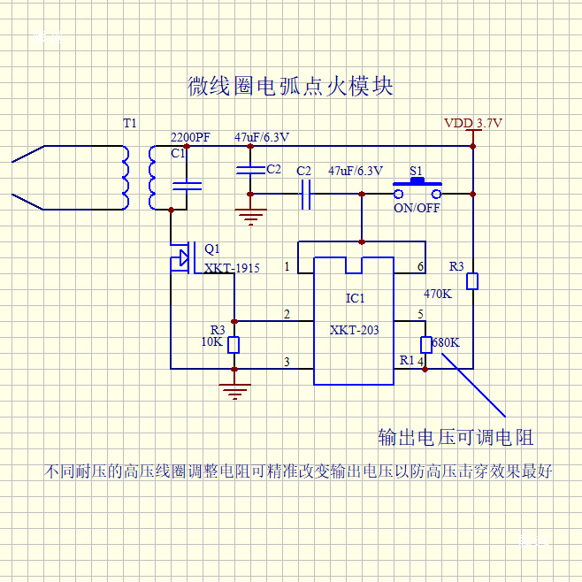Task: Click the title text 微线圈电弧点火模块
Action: pos(290,87)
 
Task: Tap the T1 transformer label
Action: pos(130,124)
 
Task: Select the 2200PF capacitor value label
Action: pos(190,138)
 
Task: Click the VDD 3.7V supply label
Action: pos(473,124)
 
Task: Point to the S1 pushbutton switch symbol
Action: pos(417,184)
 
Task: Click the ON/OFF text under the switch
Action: pos(417,209)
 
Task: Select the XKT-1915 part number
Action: pos(232,268)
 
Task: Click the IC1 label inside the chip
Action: pos(355,298)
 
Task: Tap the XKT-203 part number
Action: pos(354,330)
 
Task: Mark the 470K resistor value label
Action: pos(438,294)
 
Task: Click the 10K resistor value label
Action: pos(212,341)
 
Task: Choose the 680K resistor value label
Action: pos(447,342)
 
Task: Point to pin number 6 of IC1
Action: pos(420,266)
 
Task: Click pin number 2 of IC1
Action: pos(287,314)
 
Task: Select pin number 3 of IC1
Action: pos(287,361)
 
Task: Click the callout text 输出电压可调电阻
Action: pos(456,437)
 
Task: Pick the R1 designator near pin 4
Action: pos(407,360)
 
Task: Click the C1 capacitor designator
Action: pos(178,153)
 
